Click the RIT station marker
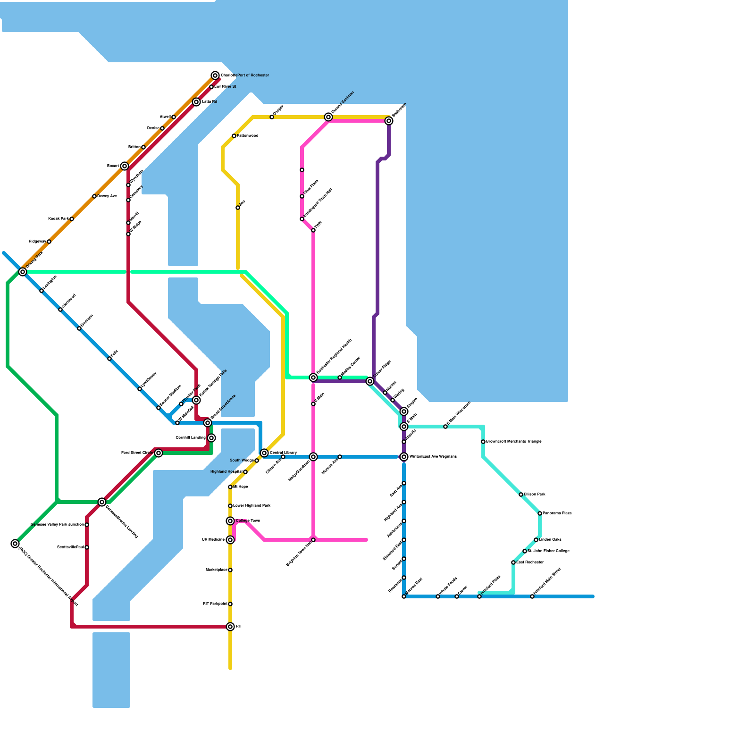[x=230, y=627]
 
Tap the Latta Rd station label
[x=210, y=102]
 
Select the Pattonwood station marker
[x=234, y=136]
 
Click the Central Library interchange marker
[x=264, y=453]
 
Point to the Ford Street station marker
[x=159, y=453]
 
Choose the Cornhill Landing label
[x=191, y=438]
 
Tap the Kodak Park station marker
[x=72, y=219]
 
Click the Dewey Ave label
[x=107, y=196]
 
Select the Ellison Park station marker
[x=521, y=495]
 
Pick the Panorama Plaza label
[x=557, y=513]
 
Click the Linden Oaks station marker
[x=536, y=540]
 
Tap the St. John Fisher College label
[x=548, y=551]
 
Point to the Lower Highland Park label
[x=252, y=506]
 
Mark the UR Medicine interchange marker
[x=230, y=540]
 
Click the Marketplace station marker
[x=230, y=570]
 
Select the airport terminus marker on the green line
[x=15, y=544]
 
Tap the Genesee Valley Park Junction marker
[x=87, y=525]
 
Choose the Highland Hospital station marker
[x=245, y=472]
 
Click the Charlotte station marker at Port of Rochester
[x=215, y=75]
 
